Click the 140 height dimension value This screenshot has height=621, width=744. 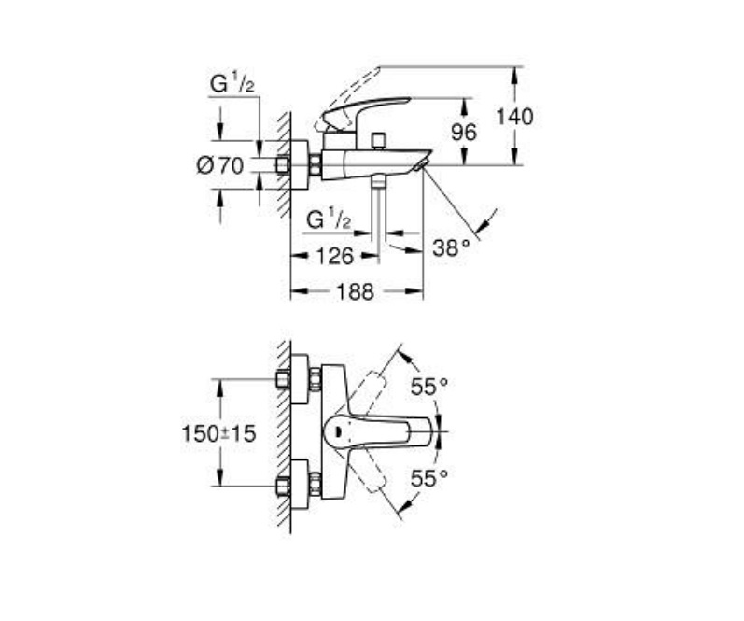pos(514,117)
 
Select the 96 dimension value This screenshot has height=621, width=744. pos(464,132)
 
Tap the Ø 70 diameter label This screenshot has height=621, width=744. pos(219,165)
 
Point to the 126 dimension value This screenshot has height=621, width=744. pos(335,257)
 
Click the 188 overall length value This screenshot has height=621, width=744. pos(356,291)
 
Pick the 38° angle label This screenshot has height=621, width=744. pos(451,247)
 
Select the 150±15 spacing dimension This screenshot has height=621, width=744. pos(218,433)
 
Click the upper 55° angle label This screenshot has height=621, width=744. pos(428,387)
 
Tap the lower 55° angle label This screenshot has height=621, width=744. pos(428,478)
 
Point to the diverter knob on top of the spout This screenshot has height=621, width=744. pos(379,141)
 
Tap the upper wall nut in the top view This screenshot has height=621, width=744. pos(283,379)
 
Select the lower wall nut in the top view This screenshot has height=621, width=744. pos(283,487)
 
